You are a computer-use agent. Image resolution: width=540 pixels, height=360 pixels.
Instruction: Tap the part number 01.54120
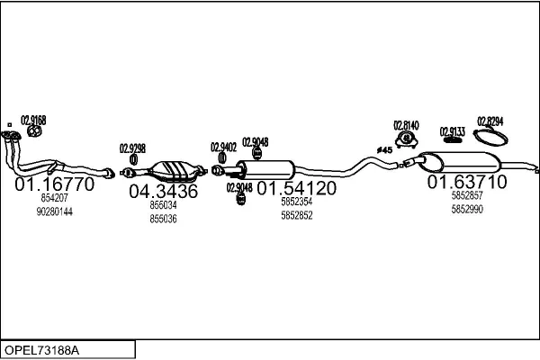(x=297, y=189)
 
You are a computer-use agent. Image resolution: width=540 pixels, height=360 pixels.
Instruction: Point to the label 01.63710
(x=466, y=182)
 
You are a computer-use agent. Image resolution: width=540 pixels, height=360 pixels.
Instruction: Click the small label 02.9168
(x=33, y=120)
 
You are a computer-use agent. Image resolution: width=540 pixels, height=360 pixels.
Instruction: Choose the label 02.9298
(x=132, y=148)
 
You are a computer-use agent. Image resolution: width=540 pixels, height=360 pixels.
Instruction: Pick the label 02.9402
(x=223, y=147)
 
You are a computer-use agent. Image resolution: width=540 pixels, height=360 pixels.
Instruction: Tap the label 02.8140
(x=406, y=125)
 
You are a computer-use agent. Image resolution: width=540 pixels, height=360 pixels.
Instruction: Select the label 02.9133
(x=452, y=131)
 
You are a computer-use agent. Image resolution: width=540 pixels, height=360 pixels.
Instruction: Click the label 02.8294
(x=490, y=121)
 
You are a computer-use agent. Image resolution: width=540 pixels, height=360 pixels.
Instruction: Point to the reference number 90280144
(x=54, y=211)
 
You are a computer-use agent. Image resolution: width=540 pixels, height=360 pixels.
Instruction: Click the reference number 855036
(x=163, y=219)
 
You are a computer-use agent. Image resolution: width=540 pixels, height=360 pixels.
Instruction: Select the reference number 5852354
(x=297, y=203)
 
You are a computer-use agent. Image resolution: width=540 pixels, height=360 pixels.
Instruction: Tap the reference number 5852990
(x=466, y=209)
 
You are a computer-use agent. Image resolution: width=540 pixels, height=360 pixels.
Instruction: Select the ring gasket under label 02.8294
(x=490, y=138)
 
